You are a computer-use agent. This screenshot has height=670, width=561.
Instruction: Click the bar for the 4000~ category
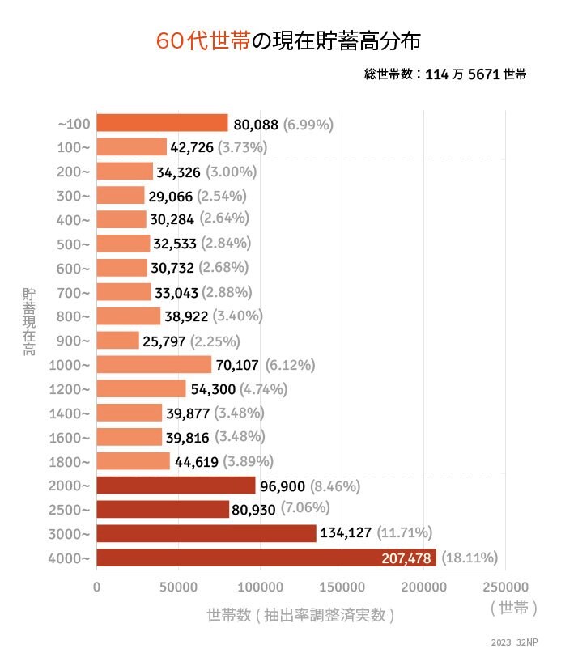[266, 558]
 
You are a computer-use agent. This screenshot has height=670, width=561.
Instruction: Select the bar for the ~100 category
[162, 123]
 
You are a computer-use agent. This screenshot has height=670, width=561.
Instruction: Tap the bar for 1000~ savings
[154, 364]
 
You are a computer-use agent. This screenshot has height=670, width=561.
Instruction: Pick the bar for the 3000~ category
[206, 533]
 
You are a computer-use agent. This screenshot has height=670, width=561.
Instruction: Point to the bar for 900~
[118, 340]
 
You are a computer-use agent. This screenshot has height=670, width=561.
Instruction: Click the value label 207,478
[406, 558]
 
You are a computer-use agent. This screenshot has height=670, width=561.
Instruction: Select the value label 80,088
[256, 125]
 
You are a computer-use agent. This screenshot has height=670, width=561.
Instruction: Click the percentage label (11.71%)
[404, 532]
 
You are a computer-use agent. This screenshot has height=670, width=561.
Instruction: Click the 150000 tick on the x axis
[342, 585]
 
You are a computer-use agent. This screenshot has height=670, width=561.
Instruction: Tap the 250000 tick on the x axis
[505, 585]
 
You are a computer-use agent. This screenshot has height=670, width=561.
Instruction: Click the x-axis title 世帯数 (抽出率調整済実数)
[300, 615]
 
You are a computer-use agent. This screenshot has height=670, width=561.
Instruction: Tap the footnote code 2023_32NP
[514, 642]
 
